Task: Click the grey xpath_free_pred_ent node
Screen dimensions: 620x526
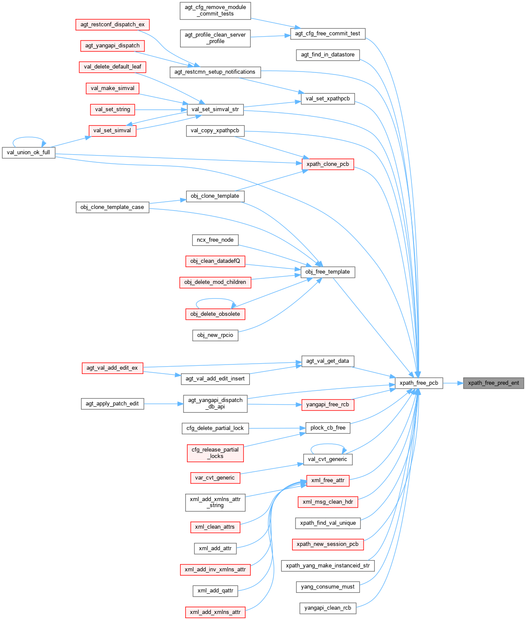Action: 493,383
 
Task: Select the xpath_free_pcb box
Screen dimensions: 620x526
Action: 419,383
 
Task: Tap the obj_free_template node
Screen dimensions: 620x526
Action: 327,272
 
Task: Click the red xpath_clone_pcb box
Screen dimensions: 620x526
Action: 328,164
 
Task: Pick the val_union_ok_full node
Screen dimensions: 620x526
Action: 29,153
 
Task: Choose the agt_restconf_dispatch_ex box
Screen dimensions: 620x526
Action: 112,25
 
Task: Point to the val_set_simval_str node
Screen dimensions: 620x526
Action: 215,109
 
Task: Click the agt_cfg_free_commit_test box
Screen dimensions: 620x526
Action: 327,34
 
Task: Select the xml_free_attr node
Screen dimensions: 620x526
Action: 328,480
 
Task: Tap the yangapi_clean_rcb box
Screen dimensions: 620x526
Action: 328,608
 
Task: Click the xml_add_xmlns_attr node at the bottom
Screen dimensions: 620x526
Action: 215,612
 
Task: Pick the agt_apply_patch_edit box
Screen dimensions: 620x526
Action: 112,404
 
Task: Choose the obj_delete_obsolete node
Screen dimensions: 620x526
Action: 215,314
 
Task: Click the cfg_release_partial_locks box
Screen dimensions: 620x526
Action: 215,453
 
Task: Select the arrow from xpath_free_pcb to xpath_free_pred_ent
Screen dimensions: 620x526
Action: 453,383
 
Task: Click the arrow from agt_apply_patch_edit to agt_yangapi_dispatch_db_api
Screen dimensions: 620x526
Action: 163,404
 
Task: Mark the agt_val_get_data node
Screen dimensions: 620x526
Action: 327,361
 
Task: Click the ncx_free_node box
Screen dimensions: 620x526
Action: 215,240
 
